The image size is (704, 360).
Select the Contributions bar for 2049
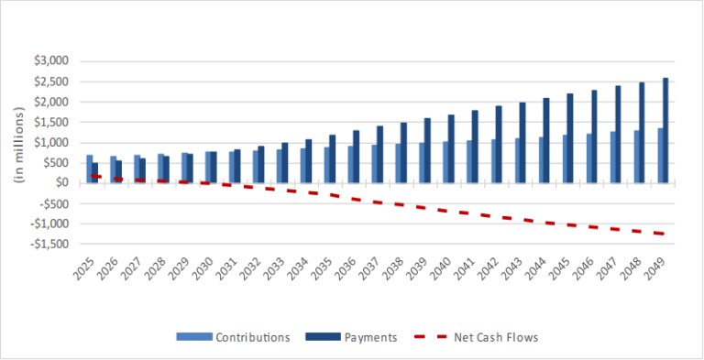pos(659,156)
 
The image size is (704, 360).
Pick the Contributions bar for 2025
pos(90,169)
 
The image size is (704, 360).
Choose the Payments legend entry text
pos(372,337)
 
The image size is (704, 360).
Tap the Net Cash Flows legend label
pos(496,337)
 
